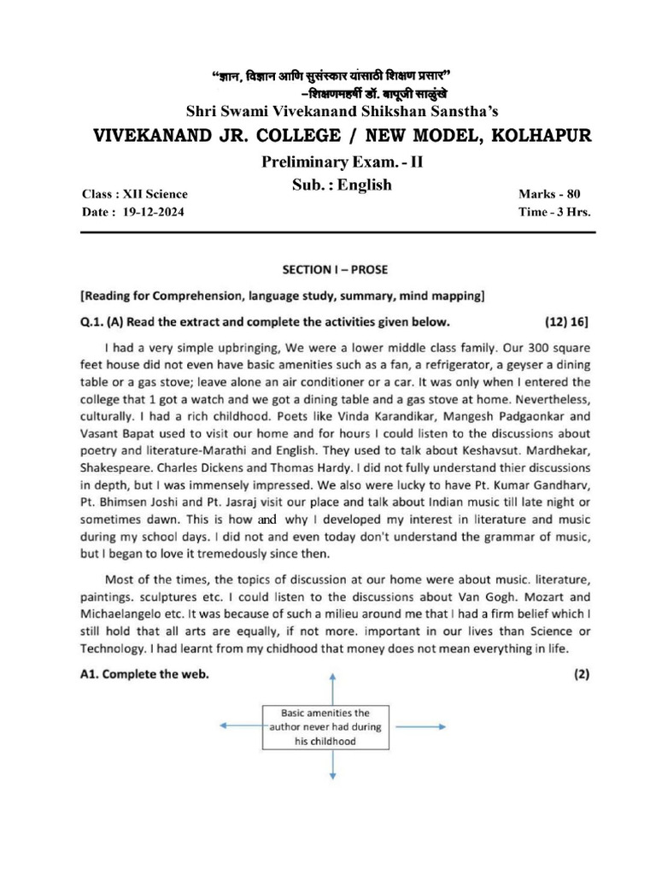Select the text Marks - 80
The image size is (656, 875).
tap(548, 194)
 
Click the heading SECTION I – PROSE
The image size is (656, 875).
tap(334, 269)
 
